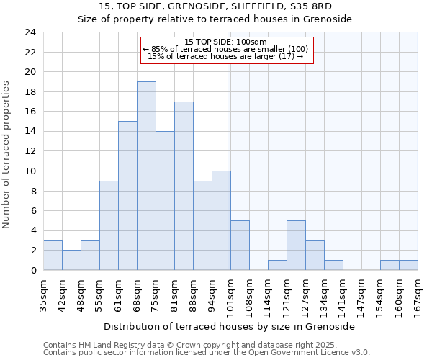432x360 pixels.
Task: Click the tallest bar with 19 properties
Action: tap(146, 176)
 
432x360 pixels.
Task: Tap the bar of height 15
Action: tap(127, 196)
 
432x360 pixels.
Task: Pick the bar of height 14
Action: tap(165, 201)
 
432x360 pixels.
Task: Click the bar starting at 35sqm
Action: tap(53, 256)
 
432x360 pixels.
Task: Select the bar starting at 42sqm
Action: tap(71, 260)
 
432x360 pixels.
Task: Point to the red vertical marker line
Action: tap(228, 166)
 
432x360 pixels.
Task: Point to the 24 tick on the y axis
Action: tap(30, 32)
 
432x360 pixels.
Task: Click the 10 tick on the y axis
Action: tap(30, 171)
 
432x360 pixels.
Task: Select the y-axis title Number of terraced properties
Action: tap(7, 155)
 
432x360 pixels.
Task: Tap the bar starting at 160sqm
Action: tap(390, 265)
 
